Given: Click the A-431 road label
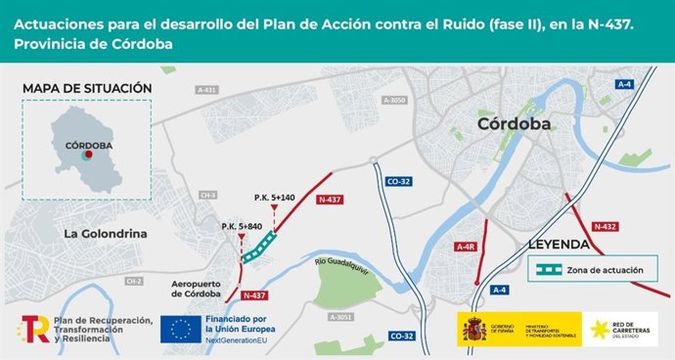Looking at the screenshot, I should [206, 89].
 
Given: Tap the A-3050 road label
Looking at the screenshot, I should [394, 100].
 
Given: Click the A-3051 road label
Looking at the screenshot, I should [340, 317].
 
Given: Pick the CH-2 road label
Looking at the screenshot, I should [134, 281].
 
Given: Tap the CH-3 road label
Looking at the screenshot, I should [207, 195].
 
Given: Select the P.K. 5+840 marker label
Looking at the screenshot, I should [243, 226].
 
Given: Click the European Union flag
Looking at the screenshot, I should [181, 330].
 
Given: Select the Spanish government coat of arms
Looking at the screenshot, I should [474, 329].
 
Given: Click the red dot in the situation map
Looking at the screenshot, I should [87, 156].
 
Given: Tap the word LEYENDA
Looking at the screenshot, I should [558, 244].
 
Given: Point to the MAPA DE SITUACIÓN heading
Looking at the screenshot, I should [87, 88].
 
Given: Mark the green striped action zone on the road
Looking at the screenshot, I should [260, 247].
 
